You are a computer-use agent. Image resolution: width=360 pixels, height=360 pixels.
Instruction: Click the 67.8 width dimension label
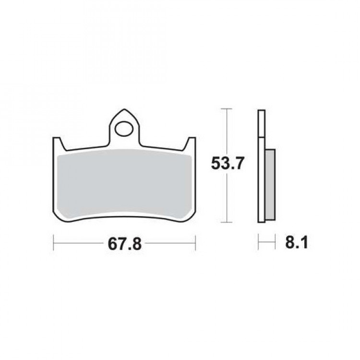pyautogui.click(x=125, y=244)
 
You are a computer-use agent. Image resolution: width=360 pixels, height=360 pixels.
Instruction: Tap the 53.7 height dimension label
pyautogui.click(x=227, y=163)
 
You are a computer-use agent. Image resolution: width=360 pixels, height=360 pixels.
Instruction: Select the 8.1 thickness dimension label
pyautogui.click(x=297, y=242)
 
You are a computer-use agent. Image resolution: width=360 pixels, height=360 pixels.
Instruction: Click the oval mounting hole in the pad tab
pyautogui.click(x=124, y=129)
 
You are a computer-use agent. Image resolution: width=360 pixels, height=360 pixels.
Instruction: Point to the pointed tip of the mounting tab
pyautogui.click(x=124, y=109)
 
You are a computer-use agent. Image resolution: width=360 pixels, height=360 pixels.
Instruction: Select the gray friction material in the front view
pyautogui.click(x=124, y=184)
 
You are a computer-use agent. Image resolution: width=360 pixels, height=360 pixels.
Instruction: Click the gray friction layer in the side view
pyautogui.click(x=270, y=185)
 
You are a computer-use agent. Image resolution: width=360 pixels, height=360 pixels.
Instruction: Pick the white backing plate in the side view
pyautogui.click(x=262, y=166)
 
